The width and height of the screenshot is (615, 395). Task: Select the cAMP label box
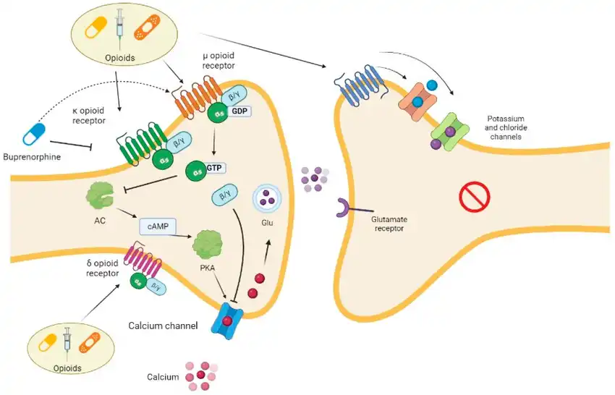(x=159, y=226)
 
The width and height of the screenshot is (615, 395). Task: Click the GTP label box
(x=213, y=167)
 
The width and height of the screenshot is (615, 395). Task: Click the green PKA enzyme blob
(x=208, y=247)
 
